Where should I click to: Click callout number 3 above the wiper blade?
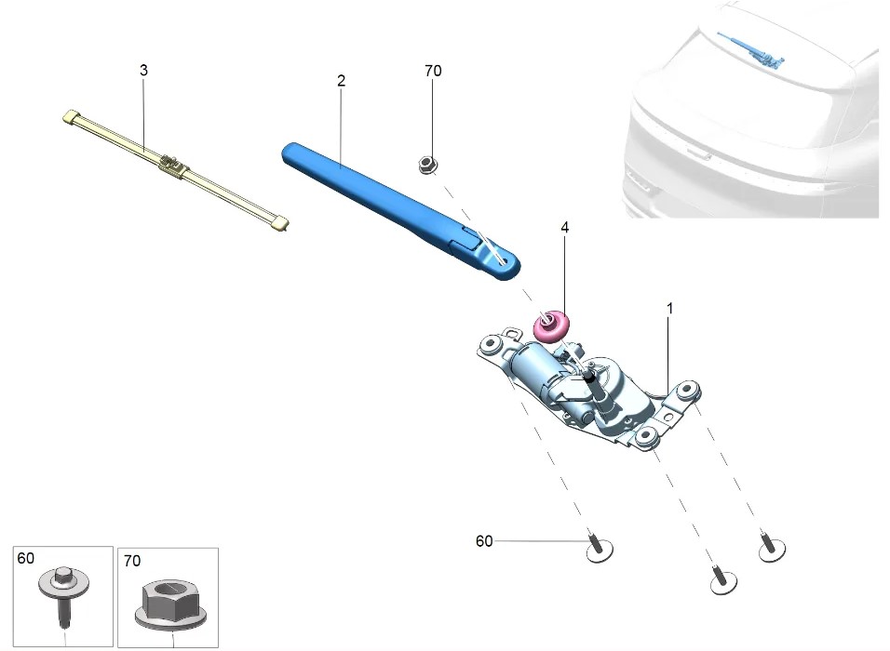pos(143,71)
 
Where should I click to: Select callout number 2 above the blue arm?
pos(342,81)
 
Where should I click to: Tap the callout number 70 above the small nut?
pos(432,71)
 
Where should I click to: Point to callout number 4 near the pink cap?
pos(564,226)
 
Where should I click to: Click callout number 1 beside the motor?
pos(669,307)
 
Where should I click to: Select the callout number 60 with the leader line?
pos(484,540)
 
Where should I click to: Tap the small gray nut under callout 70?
pos(427,165)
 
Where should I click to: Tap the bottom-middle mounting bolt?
pos(721,581)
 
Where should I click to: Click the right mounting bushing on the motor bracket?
pos(690,390)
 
